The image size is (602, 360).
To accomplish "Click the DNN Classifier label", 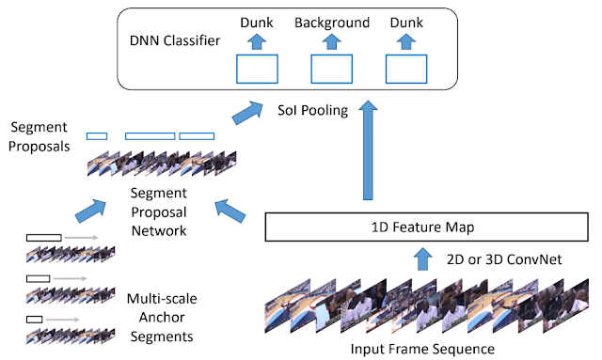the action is [x=175, y=40].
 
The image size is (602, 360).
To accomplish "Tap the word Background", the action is [x=332, y=23].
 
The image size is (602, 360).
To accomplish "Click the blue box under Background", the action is [x=332, y=69].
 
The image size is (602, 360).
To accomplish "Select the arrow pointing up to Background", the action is [x=332, y=41].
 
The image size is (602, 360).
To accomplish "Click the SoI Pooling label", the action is [x=312, y=110].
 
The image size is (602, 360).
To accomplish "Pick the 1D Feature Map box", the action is [x=426, y=227].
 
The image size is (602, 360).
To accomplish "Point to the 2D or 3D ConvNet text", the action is [x=504, y=259].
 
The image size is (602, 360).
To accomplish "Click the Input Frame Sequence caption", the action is [x=422, y=349].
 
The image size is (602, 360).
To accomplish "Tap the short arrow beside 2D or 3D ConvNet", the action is [x=423, y=258].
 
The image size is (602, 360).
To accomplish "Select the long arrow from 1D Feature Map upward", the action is [x=368, y=150].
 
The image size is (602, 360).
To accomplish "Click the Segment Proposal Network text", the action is [x=159, y=211].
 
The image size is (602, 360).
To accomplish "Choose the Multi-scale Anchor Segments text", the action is [x=162, y=318].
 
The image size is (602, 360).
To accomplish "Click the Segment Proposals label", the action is [x=40, y=136].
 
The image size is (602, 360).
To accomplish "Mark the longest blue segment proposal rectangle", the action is [x=150, y=136].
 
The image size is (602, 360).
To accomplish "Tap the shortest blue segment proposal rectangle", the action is [x=97, y=136].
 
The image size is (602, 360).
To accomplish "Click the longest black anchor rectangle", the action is [x=44, y=238].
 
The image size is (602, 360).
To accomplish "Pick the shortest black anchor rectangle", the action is [x=34, y=320].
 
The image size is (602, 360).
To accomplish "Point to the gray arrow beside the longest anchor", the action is [x=82, y=238].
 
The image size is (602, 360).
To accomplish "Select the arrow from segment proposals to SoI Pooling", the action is [x=247, y=113].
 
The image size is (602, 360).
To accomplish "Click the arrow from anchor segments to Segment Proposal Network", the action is [x=90, y=211].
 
